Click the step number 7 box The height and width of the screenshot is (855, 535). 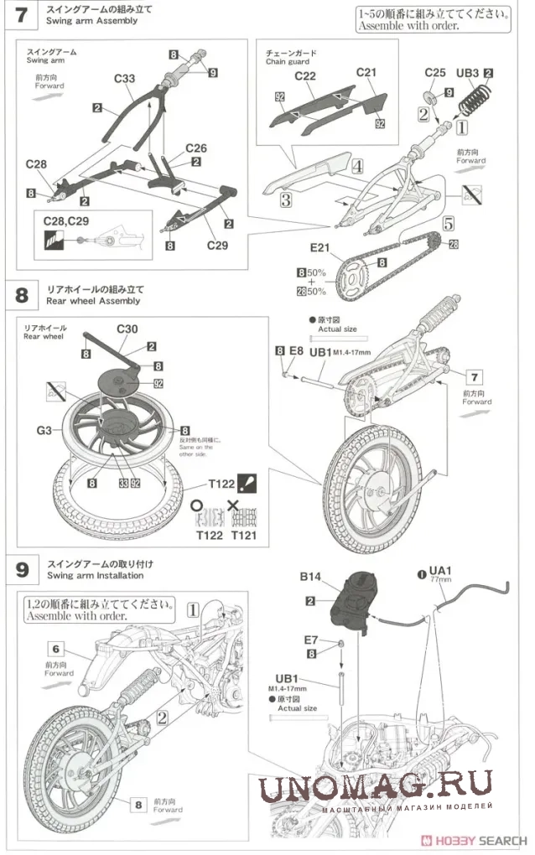pyautogui.click(x=22, y=15)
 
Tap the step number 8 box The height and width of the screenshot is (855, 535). pyautogui.click(x=22, y=295)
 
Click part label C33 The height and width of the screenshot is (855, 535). pyautogui.click(x=124, y=79)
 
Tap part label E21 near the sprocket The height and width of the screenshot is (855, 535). pyautogui.click(x=321, y=248)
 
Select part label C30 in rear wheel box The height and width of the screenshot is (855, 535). pyautogui.click(x=128, y=328)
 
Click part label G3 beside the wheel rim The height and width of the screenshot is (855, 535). pyautogui.click(x=44, y=431)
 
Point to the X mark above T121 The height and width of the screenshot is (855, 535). pyautogui.click(x=233, y=505)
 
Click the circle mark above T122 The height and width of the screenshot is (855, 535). pyautogui.click(x=197, y=505)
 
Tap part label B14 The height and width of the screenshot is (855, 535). pyautogui.click(x=311, y=577)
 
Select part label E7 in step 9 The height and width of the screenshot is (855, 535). pyautogui.click(x=311, y=640)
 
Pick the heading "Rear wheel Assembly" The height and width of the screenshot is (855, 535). pyautogui.click(x=94, y=301)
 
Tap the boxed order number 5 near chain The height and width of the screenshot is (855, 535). pyautogui.click(x=449, y=224)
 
